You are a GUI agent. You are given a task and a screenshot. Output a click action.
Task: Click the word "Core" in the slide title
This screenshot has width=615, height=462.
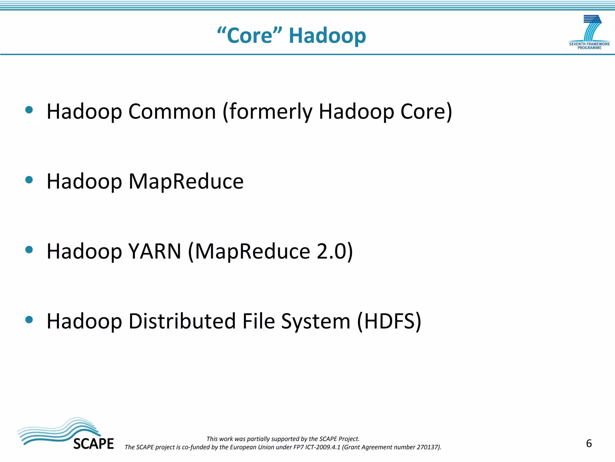click(x=250, y=36)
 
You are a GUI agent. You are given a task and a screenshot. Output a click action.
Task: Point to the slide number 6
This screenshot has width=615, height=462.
click(x=589, y=443)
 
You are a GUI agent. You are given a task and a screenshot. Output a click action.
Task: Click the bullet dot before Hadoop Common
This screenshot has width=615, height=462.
click(x=29, y=110)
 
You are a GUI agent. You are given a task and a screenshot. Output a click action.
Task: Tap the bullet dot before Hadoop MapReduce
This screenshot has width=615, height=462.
click(x=29, y=180)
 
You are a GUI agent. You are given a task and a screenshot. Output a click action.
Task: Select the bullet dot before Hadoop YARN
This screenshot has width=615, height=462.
click(x=29, y=250)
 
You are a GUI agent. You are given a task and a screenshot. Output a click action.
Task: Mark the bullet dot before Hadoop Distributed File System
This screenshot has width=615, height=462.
click(x=29, y=319)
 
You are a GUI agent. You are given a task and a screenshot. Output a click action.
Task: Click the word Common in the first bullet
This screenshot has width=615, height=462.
click(x=172, y=112)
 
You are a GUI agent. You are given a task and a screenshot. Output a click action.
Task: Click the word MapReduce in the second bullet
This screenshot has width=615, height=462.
click(x=186, y=182)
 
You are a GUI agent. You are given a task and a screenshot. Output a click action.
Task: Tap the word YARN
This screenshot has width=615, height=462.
click(x=155, y=251)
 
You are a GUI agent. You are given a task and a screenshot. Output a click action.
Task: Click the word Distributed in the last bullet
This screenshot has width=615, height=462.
click(x=182, y=321)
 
